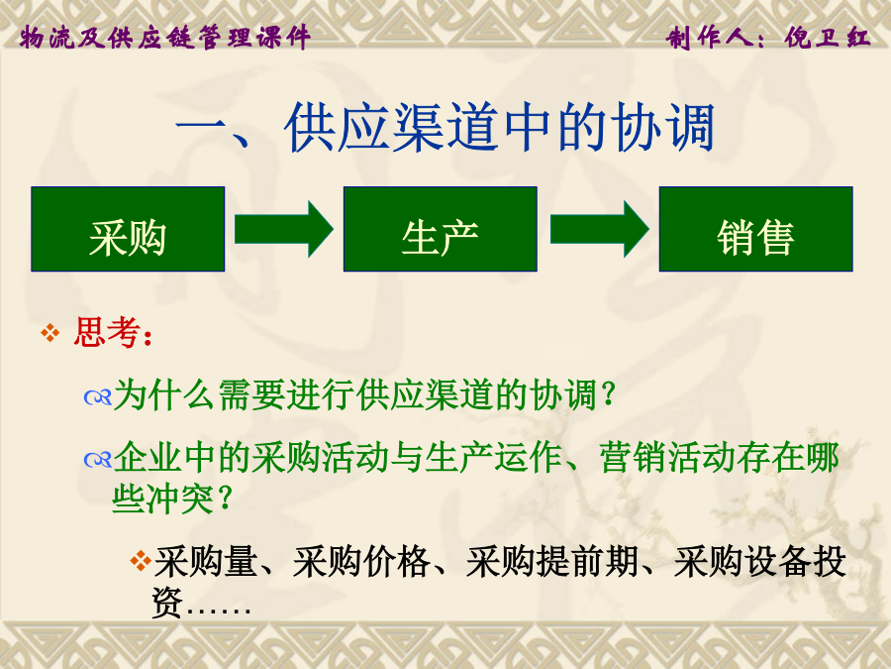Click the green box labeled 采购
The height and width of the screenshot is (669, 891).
(x=128, y=229)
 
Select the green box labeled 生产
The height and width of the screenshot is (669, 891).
(x=441, y=229)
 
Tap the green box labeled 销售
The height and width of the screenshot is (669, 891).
(x=755, y=229)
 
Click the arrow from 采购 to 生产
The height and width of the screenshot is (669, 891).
(x=283, y=229)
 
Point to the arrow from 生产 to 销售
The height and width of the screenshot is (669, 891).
(x=600, y=229)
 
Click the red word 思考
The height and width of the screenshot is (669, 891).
(x=107, y=332)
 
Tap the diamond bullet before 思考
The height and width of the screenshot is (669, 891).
(x=50, y=333)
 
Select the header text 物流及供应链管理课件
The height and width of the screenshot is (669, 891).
(x=164, y=38)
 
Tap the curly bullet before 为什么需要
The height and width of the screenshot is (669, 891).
(x=98, y=396)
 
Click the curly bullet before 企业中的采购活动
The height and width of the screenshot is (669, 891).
(x=98, y=459)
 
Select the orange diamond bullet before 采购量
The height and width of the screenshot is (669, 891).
(x=141, y=560)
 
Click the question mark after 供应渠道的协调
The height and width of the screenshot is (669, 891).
(x=609, y=394)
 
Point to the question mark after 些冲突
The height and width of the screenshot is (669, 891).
(x=225, y=498)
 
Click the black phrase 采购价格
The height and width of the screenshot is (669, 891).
(x=361, y=562)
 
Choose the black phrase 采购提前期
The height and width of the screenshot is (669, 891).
(x=551, y=562)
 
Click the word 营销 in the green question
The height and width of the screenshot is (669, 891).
(x=633, y=457)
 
